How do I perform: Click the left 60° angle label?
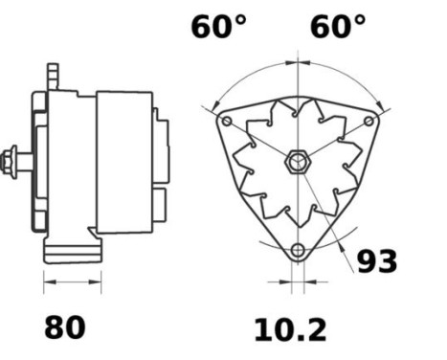click(218, 27)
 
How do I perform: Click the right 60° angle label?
click(337, 27)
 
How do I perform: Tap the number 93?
click(376, 260)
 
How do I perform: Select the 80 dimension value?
click(64, 327)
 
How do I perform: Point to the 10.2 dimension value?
click(289, 330)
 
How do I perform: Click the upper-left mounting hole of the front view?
click(226, 122)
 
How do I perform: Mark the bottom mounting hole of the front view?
click(298, 251)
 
